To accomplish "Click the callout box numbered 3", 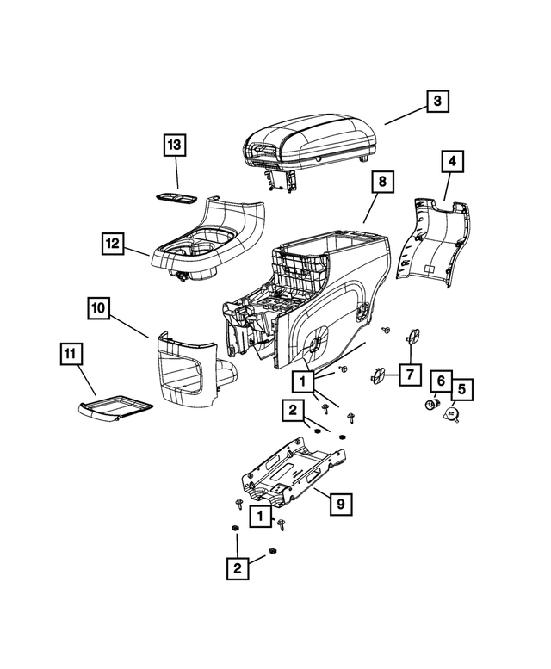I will tap(437, 102).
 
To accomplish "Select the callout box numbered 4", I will tap(451, 161).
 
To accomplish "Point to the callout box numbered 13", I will tap(175, 146).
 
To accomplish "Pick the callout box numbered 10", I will tap(98, 307).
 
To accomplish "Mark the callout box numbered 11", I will tap(71, 353).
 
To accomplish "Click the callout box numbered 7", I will tap(410, 375).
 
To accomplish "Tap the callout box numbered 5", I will tap(461, 390).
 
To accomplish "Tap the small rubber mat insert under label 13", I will tap(178, 198).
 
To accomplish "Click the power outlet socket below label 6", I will tap(435, 403).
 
